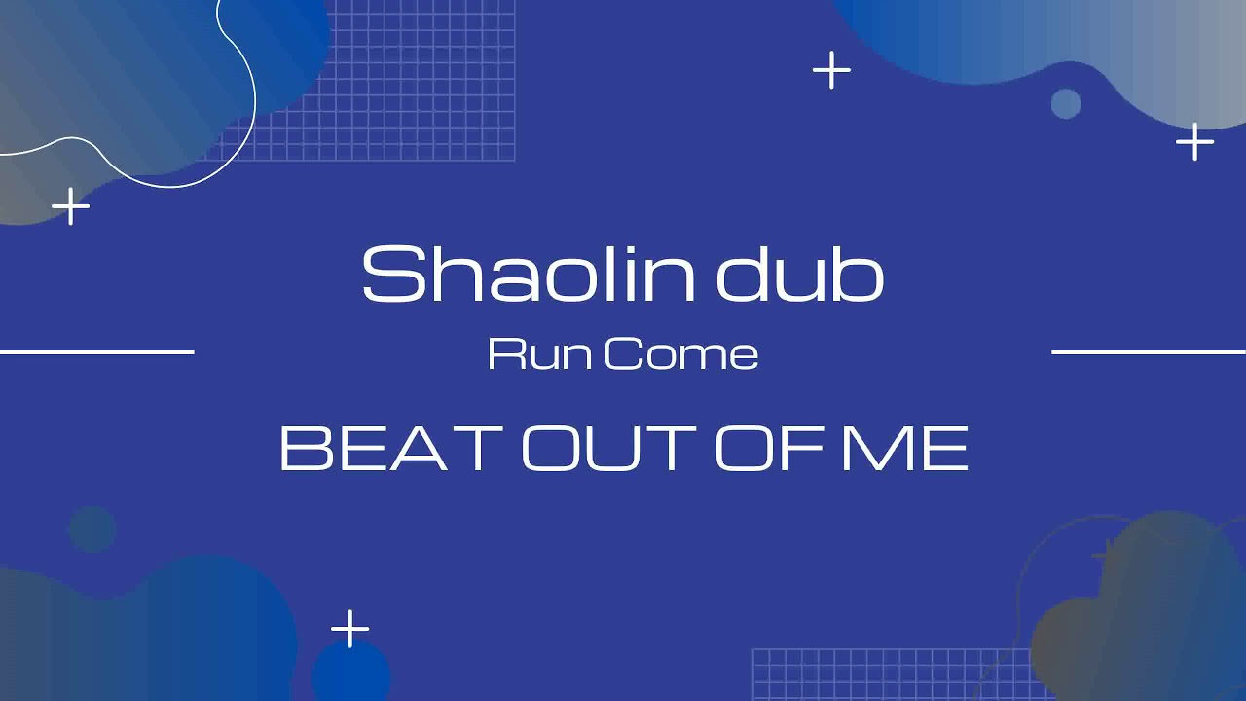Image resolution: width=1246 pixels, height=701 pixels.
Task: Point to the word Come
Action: point(680,354)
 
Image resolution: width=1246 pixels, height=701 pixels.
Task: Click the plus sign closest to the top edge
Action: point(831,71)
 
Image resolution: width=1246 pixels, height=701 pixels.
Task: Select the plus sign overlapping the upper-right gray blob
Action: point(1194,143)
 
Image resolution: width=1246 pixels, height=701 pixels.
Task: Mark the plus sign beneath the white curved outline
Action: point(70,206)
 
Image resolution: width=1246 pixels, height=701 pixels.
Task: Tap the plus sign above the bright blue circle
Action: point(349,629)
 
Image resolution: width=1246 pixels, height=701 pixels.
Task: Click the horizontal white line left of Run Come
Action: point(97,352)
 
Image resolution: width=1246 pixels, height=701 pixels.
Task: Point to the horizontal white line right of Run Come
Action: point(1149,352)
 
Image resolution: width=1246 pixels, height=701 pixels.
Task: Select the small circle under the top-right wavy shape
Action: point(1066,103)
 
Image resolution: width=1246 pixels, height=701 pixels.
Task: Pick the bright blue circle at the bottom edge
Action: point(351,676)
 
